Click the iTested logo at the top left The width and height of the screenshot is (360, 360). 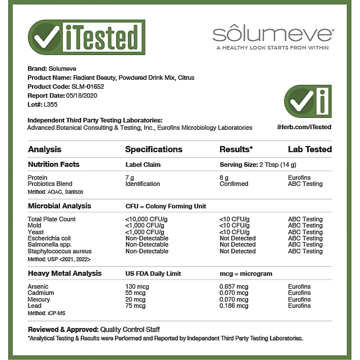86,37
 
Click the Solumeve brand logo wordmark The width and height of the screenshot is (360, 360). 272,34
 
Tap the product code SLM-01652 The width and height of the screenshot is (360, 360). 88,86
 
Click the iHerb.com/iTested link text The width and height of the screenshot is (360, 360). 304,127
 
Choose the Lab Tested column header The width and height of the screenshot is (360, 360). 310,149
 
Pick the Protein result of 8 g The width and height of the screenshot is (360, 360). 224,178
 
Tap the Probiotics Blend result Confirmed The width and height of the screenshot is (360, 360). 234,184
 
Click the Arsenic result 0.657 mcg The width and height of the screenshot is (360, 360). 234,287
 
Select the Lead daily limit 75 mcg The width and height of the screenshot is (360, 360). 135,306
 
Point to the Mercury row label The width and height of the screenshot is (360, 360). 39,299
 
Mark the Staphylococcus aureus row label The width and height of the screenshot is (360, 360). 59,251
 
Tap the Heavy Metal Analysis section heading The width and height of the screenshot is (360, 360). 65,273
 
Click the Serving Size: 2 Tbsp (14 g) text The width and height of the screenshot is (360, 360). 258,165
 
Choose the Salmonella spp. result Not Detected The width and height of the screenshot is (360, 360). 237,244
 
